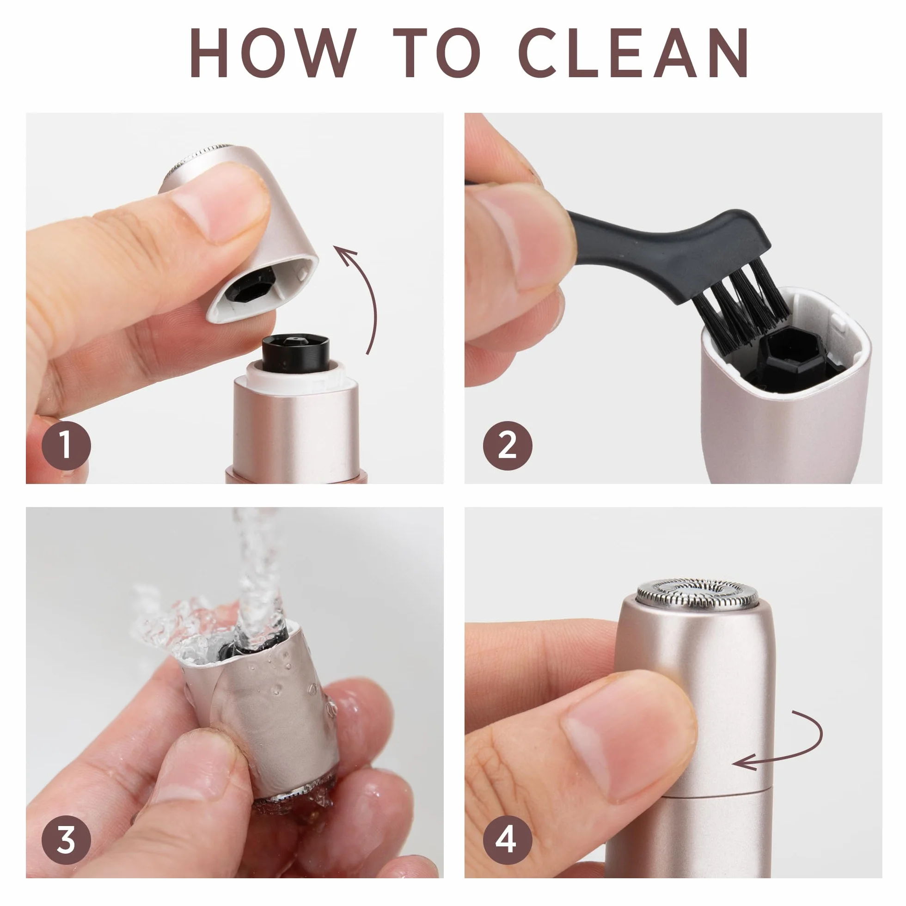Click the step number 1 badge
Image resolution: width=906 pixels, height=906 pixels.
pyautogui.click(x=66, y=445)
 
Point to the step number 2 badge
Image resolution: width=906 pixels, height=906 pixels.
pyautogui.click(x=508, y=445)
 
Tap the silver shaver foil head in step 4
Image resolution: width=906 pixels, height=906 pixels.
pyautogui.click(x=697, y=593)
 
